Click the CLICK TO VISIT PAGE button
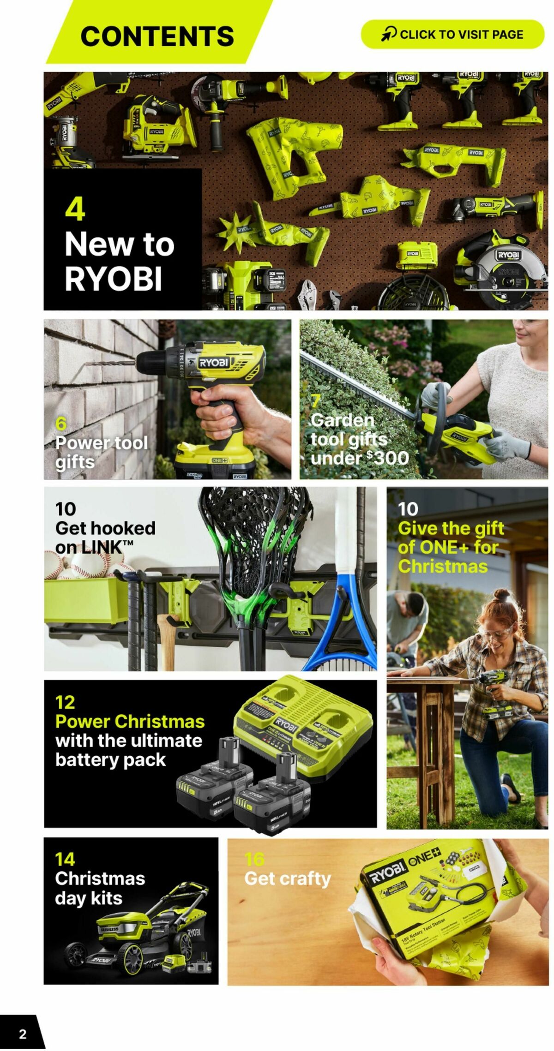(x=452, y=34)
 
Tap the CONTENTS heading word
(x=157, y=36)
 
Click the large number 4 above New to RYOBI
(x=75, y=209)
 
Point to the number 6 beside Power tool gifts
(x=61, y=424)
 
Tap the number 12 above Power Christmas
(x=65, y=702)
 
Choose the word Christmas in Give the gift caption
(x=442, y=566)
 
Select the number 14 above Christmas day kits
(x=65, y=859)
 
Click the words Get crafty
(x=287, y=878)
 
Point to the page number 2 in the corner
(x=23, y=1034)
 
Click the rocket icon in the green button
(x=389, y=34)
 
